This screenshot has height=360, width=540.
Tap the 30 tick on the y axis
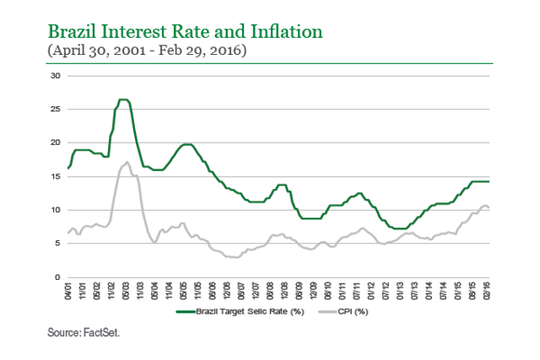click(x=57, y=76)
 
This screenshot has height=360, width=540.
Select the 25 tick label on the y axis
click(x=57, y=110)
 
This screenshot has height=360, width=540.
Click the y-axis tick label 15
click(x=57, y=176)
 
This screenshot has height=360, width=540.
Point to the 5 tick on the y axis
click(x=58, y=244)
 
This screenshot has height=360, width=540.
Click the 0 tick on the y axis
click(x=58, y=277)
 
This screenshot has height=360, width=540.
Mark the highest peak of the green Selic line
click(x=123, y=99)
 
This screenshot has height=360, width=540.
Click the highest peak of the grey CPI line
click(x=127, y=162)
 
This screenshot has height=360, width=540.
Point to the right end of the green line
click(x=489, y=181)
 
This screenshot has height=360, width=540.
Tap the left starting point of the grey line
click(x=67, y=234)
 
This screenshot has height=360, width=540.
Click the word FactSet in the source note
click(x=103, y=334)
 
